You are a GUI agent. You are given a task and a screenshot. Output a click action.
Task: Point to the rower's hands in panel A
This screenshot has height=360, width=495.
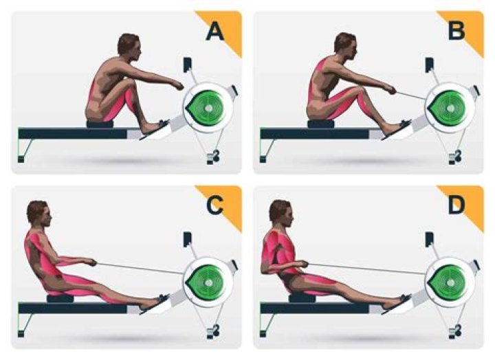[177, 85]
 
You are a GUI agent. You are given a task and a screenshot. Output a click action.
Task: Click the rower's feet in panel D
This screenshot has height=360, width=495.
[397, 300]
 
